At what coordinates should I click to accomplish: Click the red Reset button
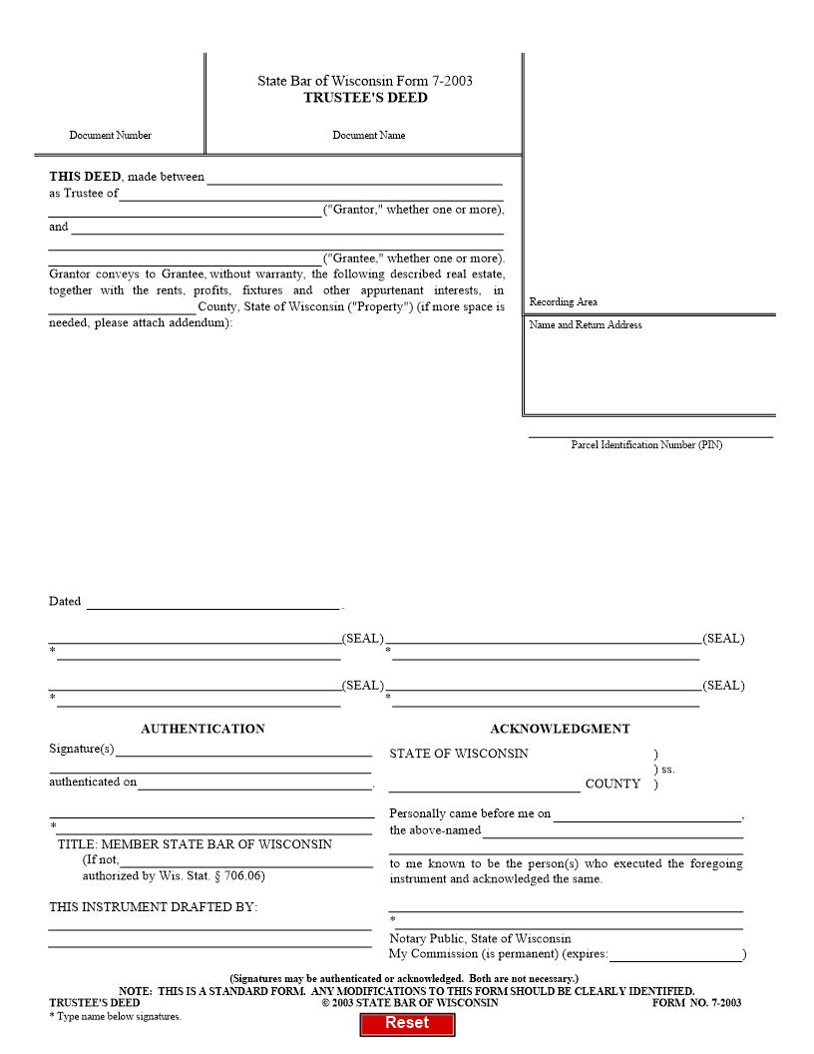[407, 1023]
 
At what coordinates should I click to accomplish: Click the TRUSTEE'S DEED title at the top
[365, 98]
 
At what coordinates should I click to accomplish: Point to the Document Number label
[111, 136]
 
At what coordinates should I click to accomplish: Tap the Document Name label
[369, 136]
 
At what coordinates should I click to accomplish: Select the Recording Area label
[564, 302]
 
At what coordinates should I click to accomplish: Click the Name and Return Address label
[586, 325]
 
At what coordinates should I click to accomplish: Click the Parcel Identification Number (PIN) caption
[646, 445]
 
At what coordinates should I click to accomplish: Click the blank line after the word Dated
[213, 604]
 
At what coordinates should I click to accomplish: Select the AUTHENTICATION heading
[203, 730]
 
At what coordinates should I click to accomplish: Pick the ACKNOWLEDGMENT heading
[560, 730]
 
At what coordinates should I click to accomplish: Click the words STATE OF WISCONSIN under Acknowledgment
[459, 755]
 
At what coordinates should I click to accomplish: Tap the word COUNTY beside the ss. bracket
[612, 785]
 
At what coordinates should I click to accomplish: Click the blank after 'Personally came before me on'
[647, 815]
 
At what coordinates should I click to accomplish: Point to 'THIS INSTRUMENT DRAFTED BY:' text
[154, 907]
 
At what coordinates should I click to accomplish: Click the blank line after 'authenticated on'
[254, 785]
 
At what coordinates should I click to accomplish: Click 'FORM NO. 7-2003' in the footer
[696, 1003]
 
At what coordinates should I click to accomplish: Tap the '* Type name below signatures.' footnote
[115, 1016]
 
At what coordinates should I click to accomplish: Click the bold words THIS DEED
[85, 177]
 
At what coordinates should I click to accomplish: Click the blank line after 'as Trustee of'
[311, 196]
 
